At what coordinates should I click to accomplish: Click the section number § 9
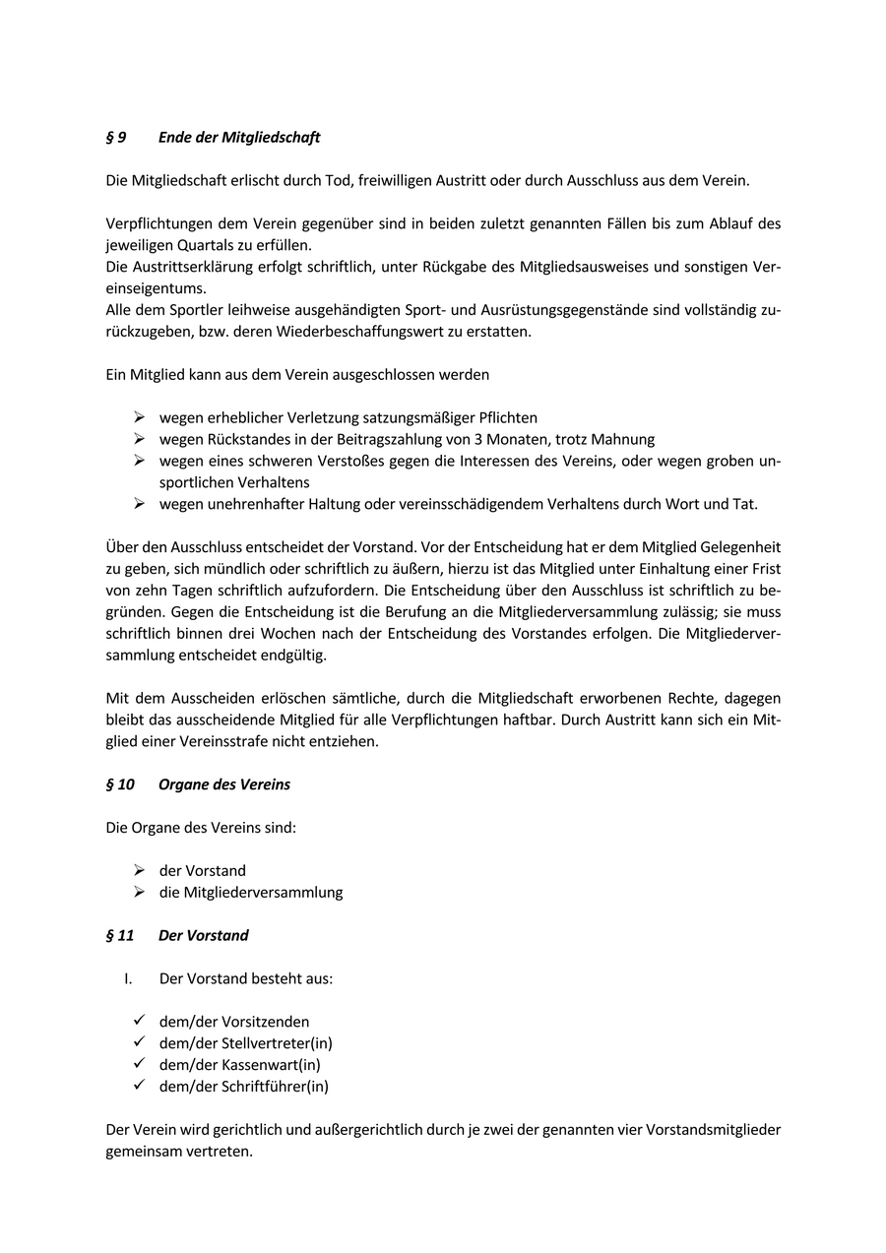coord(116,138)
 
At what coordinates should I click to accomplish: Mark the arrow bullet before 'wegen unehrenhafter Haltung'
coord(139,503)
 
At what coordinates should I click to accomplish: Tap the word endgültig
coord(291,656)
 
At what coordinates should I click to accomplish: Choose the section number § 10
coord(120,784)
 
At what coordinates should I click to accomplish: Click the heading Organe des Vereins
coord(224,784)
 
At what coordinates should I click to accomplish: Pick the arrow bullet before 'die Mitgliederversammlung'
coord(139,892)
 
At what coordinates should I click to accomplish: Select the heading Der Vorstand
coord(204,935)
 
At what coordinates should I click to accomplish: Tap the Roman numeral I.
coord(128,978)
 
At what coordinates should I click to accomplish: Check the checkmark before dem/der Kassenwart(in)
coord(139,1064)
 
